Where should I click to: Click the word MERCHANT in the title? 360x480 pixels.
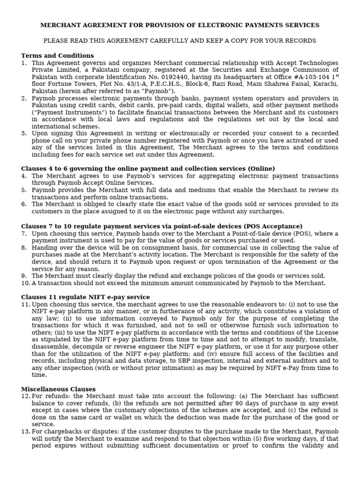[x=60, y=25]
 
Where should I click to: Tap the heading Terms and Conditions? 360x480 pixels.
[x=57, y=56]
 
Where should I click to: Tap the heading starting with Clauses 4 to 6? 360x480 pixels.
[x=148, y=168]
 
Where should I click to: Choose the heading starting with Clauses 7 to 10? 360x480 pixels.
[x=162, y=226]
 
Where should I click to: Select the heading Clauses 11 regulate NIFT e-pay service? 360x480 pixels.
[x=85, y=297]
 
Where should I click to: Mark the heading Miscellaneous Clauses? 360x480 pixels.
[x=58, y=389]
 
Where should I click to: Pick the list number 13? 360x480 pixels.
[x=25, y=432]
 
